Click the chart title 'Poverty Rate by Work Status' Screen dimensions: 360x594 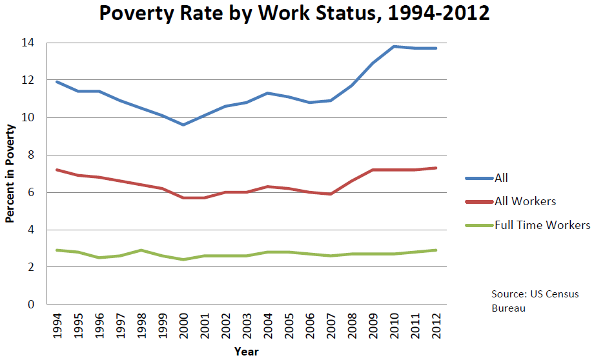tap(294, 15)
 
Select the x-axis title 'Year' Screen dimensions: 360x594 tap(246, 351)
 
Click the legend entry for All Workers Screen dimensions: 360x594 tap(525, 201)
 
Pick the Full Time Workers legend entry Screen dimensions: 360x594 tap(542, 225)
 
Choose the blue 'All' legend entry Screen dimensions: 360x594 tap(501, 178)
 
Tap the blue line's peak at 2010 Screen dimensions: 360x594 tap(394, 46)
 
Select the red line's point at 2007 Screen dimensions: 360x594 tap(331, 194)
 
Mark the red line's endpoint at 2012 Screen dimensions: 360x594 tap(437, 168)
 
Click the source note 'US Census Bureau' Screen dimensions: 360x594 tap(535, 301)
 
